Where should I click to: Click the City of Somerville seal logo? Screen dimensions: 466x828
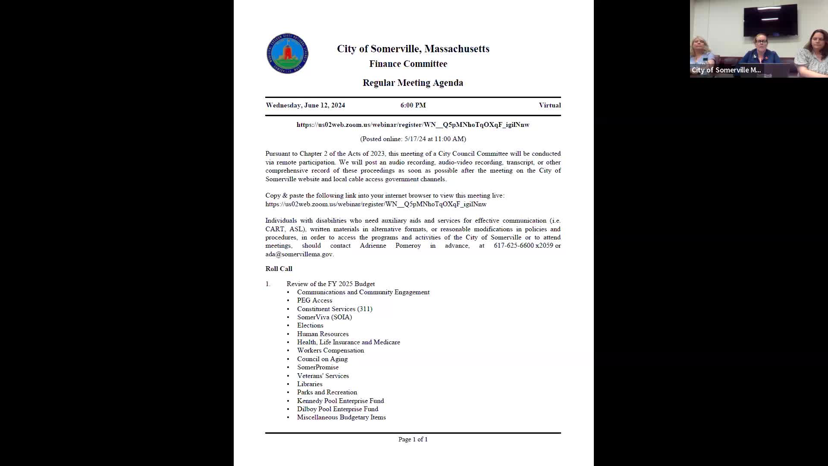pyautogui.click(x=287, y=54)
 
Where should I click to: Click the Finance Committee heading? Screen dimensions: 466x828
pyautogui.click(x=408, y=64)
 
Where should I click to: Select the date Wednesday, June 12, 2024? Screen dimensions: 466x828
pyautogui.click(x=305, y=105)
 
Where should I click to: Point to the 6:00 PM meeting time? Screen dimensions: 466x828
pyautogui.click(x=413, y=105)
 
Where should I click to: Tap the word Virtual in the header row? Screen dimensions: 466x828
pyautogui.click(x=549, y=105)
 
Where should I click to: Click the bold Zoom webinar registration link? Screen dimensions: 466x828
pyautogui.click(x=413, y=125)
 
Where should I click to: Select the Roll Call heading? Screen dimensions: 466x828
pyautogui.click(x=279, y=269)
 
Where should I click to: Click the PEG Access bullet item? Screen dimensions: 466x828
pyautogui.click(x=314, y=300)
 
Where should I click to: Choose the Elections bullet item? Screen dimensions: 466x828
pyautogui.click(x=310, y=325)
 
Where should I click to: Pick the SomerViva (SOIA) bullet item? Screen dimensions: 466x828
pyautogui.click(x=324, y=317)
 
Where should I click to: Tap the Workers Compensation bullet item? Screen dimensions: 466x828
pyautogui.click(x=330, y=350)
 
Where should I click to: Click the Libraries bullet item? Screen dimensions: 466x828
pyautogui.click(x=309, y=384)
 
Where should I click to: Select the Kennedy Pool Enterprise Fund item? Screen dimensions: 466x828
pyautogui.click(x=340, y=401)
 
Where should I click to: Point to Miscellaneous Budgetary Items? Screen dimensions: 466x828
pyautogui.click(x=341, y=417)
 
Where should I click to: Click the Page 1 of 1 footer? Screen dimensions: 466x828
pyautogui.click(x=413, y=439)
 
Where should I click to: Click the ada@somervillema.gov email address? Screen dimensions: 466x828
pyautogui.click(x=299, y=254)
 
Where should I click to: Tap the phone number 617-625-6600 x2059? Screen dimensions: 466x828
pyautogui.click(x=523, y=246)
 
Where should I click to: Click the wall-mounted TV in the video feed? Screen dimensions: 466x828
pyautogui.click(x=770, y=20)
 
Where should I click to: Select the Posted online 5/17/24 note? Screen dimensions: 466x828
pyautogui.click(x=413, y=139)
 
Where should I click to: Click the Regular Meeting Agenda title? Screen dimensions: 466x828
pyautogui.click(x=413, y=83)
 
